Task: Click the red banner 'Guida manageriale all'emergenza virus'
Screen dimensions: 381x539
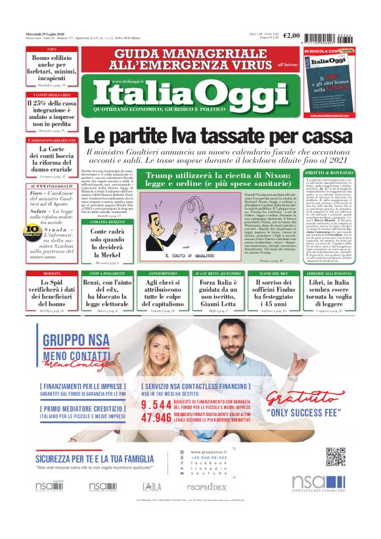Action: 177,59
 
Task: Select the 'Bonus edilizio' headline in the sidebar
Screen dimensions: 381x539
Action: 41,67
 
